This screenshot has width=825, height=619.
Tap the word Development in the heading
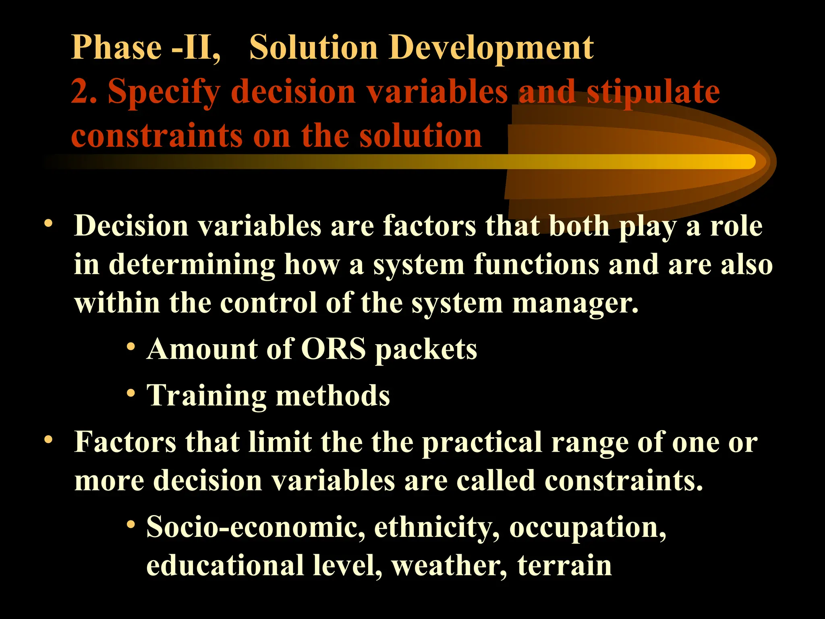pyautogui.click(x=490, y=48)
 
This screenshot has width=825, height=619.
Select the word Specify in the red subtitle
pyautogui.click(x=164, y=92)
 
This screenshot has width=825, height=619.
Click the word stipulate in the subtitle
pyautogui.click(x=653, y=92)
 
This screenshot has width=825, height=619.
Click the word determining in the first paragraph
pyautogui.click(x=192, y=264)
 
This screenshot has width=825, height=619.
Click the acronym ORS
pyautogui.click(x=334, y=349)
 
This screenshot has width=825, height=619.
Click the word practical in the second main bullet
pyautogui.click(x=481, y=442)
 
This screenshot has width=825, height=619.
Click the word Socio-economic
pyautogui.click(x=255, y=526)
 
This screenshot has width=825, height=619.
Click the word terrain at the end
pyautogui.click(x=564, y=565)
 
